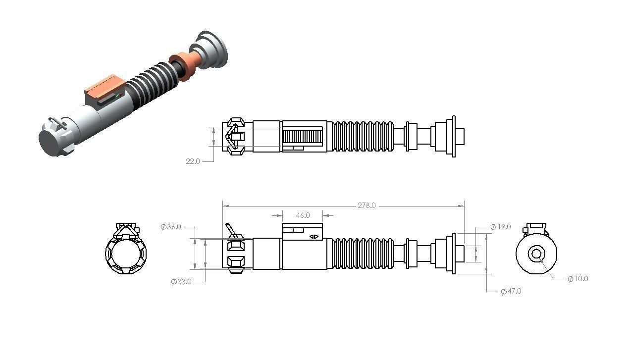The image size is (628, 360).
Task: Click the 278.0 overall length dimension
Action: tap(366, 206)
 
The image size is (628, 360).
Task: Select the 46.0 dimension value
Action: tap(303, 215)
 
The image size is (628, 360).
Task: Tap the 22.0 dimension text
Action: tap(192, 161)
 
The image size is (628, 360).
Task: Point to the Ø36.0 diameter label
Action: tap(171, 227)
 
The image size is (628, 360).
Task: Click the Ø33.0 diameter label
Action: tap(181, 282)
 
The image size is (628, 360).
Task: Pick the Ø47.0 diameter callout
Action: tap(511, 291)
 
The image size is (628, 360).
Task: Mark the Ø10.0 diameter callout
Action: tap(577, 279)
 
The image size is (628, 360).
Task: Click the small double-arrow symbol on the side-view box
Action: tap(314, 237)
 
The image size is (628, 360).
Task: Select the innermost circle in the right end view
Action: tap(536, 254)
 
